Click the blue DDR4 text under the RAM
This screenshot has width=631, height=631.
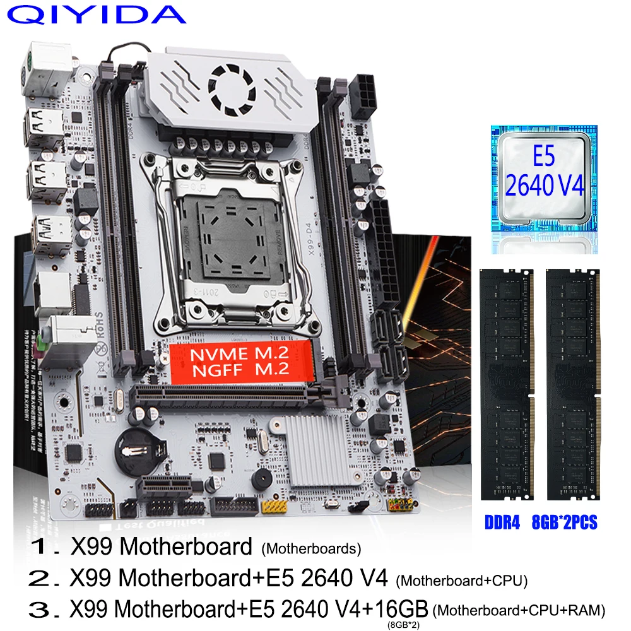point(503,523)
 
